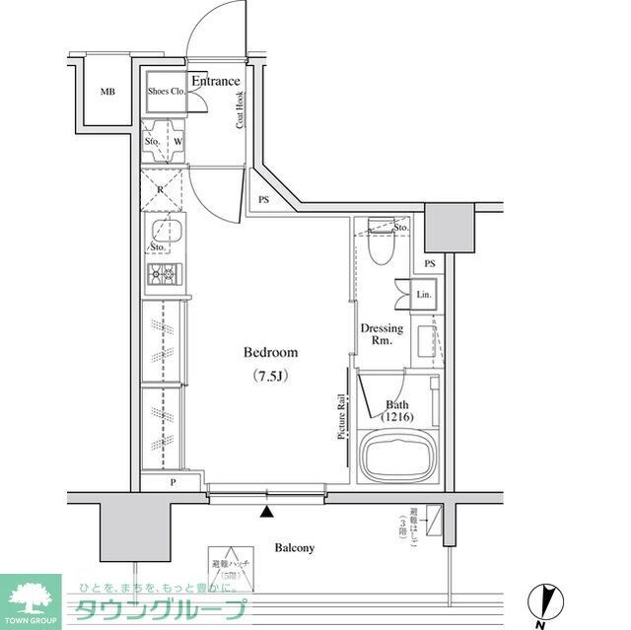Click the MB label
point(107,93)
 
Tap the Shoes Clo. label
point(166,91)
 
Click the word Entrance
point(215,81)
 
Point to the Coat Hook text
point(240,110)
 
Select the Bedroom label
point(270,353)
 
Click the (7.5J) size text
point(270,376)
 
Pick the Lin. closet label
point(424,294)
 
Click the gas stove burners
point(163,274)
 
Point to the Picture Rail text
point(341,417)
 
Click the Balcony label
point(294,547)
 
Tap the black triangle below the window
point(266,511)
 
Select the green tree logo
point(32,595)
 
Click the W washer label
point(177,141)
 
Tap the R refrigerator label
point(160,187)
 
